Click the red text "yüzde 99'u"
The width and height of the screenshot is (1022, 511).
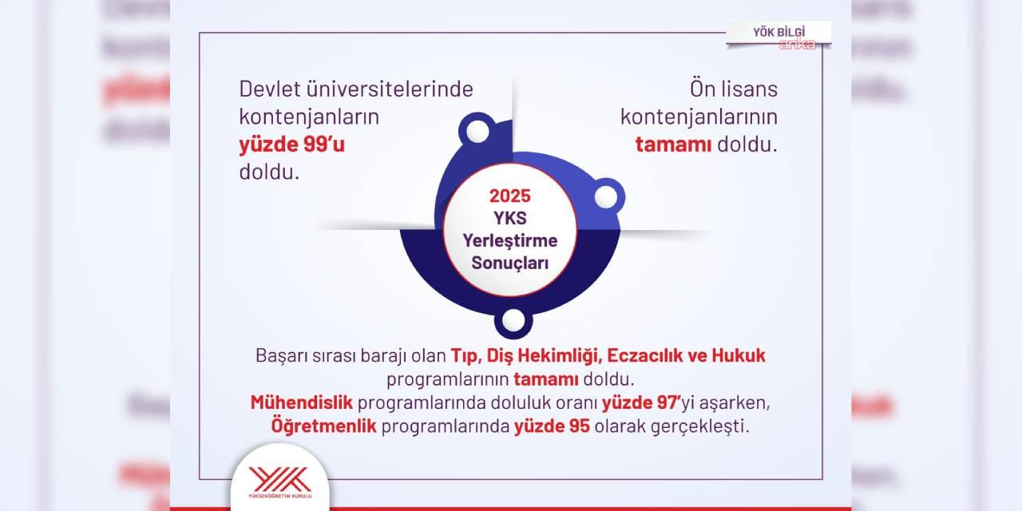pos(292,145)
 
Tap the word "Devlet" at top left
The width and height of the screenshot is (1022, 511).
pos(269,89)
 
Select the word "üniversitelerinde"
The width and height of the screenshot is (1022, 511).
pos(390,89)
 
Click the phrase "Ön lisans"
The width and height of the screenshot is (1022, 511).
pos(734,89)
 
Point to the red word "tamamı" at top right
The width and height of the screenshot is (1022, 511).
pos(673,145)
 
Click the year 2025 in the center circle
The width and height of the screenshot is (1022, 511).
pos(510,196)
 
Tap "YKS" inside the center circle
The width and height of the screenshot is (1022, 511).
pos(510,218)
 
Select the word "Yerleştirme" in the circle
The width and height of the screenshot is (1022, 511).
pos(510,240)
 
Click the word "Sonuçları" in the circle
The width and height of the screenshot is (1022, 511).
pos(510,263)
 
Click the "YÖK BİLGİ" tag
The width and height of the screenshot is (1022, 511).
pos(778,33)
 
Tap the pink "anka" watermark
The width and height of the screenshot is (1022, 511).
pos(798,44)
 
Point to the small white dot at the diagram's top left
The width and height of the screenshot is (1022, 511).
pos(477,132)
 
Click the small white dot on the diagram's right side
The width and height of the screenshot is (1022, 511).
pos(606,197)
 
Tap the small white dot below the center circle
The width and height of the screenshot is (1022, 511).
pos(513,320)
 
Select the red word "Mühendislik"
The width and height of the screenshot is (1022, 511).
pos(302,402)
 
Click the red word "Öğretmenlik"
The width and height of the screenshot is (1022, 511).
pos(324,426)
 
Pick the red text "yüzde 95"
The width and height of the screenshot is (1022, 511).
pos(552,426)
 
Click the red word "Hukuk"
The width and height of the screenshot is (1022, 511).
pos(739,355)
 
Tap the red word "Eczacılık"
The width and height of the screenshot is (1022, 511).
pos(644,355)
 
